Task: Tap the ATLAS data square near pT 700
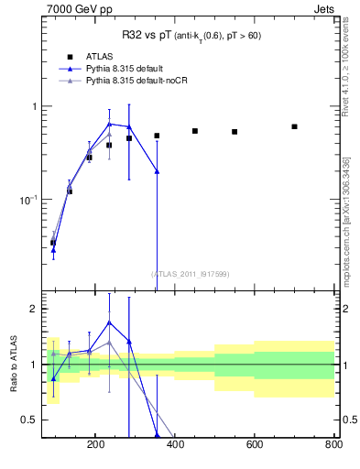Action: [x=294, y=126]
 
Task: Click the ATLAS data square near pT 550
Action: [x=235, y=132]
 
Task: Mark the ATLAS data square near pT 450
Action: [x=195, y=131]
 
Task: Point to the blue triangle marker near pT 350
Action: [x=157, y=171]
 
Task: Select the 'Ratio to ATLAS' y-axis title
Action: [x=14, y=363]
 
